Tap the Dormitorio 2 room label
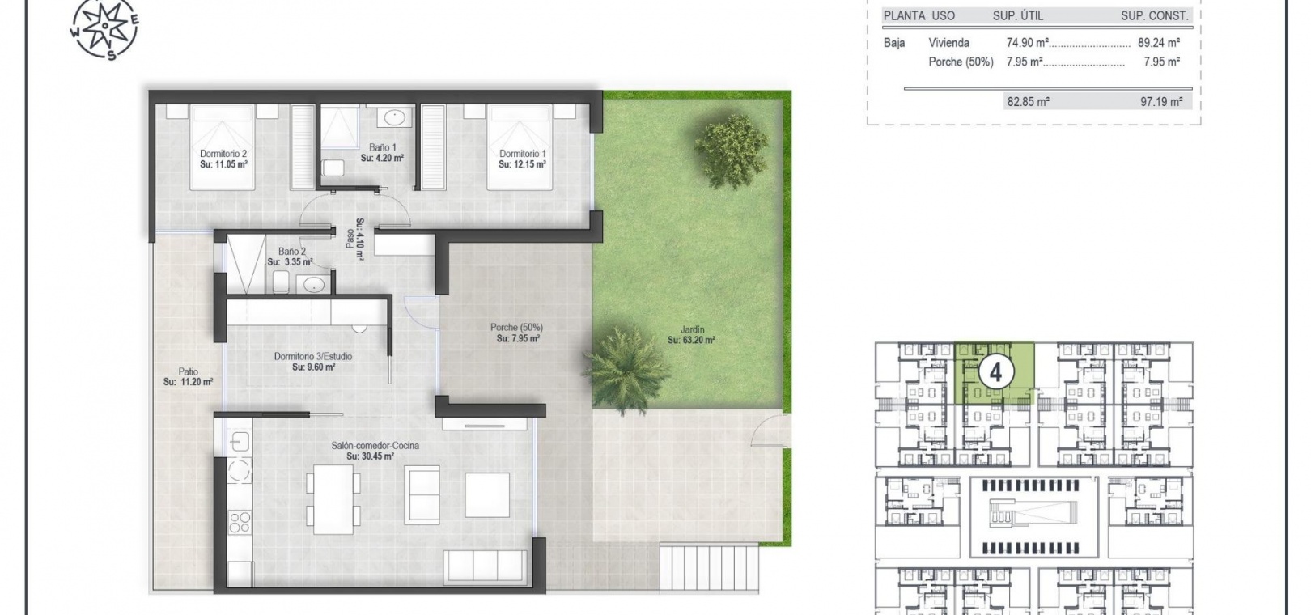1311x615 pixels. [223, 154]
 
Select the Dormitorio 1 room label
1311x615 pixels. [522, 154]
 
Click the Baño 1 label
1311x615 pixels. [382, 147]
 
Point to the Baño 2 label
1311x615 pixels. [291, 252]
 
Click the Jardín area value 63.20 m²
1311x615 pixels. [691, 340]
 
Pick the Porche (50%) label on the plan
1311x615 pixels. [517, 328]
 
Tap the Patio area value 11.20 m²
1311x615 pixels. [188, 382]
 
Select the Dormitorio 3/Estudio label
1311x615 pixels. [313, 356]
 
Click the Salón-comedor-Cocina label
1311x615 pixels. [375, 446]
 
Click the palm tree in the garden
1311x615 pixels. [625, 367]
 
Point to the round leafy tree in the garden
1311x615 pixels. [731, 151]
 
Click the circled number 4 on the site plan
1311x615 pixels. [995, 372]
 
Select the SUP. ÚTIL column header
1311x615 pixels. [1018, 16]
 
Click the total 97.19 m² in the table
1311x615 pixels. [1161, 102]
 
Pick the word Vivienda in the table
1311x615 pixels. [948, 43]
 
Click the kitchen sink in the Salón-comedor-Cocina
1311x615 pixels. [240, 441]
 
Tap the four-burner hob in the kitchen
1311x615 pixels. [240, 522]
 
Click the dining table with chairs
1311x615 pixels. [333, 499]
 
